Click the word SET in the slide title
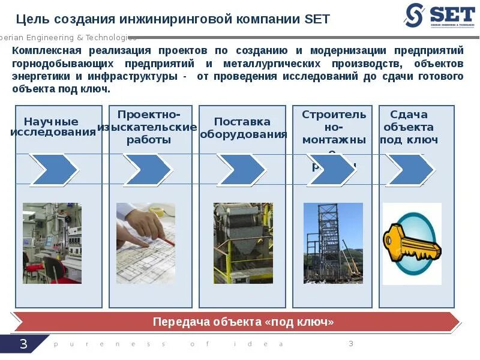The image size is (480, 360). [317, 19]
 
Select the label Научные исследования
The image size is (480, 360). [52, 127]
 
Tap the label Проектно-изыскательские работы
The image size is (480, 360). [147, 127]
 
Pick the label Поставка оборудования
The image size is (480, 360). [242, 128]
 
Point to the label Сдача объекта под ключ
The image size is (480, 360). [409, 127]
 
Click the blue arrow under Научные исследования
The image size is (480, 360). [53, 170]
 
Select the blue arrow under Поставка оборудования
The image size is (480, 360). [241, 170]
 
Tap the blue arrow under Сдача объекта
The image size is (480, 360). [410, 170]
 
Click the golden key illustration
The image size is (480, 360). [412, 244]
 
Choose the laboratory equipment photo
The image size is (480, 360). [52, 243]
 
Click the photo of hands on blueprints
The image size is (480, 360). [146, 243]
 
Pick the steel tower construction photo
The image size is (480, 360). [333, 243]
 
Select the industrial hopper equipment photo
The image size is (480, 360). [243, 243]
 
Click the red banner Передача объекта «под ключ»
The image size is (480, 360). [243, 322]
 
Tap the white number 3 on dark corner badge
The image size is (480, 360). [23, 344]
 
